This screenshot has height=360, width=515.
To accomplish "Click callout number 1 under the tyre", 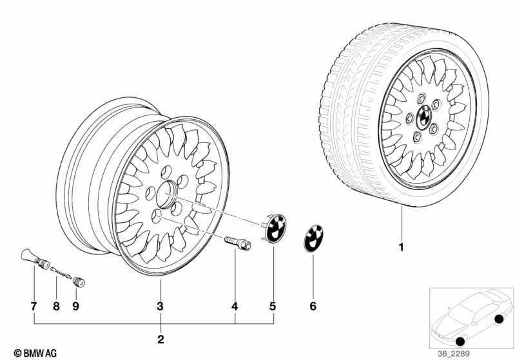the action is point(401,247).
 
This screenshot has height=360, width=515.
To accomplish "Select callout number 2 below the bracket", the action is point(160,339).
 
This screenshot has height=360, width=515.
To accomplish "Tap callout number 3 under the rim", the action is point(160,306).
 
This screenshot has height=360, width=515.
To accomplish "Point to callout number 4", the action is point(235,306).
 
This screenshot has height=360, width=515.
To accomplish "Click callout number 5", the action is point(273,306).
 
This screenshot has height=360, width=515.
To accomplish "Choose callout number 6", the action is point(313,306).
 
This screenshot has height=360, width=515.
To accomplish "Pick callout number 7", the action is point(34,306).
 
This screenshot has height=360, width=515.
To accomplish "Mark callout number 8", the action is point(57,306).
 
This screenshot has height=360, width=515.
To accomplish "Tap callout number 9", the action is point(76,306).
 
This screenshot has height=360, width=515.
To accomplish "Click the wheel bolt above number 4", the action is point(237,243).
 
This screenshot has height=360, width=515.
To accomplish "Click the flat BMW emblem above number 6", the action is point(313,238).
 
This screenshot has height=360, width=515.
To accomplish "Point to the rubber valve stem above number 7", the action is point(35,258).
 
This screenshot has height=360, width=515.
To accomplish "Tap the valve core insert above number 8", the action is point(61,272).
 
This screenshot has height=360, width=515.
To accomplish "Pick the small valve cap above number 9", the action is point(79,282).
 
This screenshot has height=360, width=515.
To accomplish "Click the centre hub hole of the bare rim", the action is point(166,194).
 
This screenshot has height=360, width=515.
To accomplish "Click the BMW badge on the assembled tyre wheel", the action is point(424,117).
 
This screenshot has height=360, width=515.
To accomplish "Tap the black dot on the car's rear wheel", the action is point(499,319).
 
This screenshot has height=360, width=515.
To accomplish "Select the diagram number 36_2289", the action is point(454,354).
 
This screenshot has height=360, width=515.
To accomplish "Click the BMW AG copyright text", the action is point(35,353).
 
